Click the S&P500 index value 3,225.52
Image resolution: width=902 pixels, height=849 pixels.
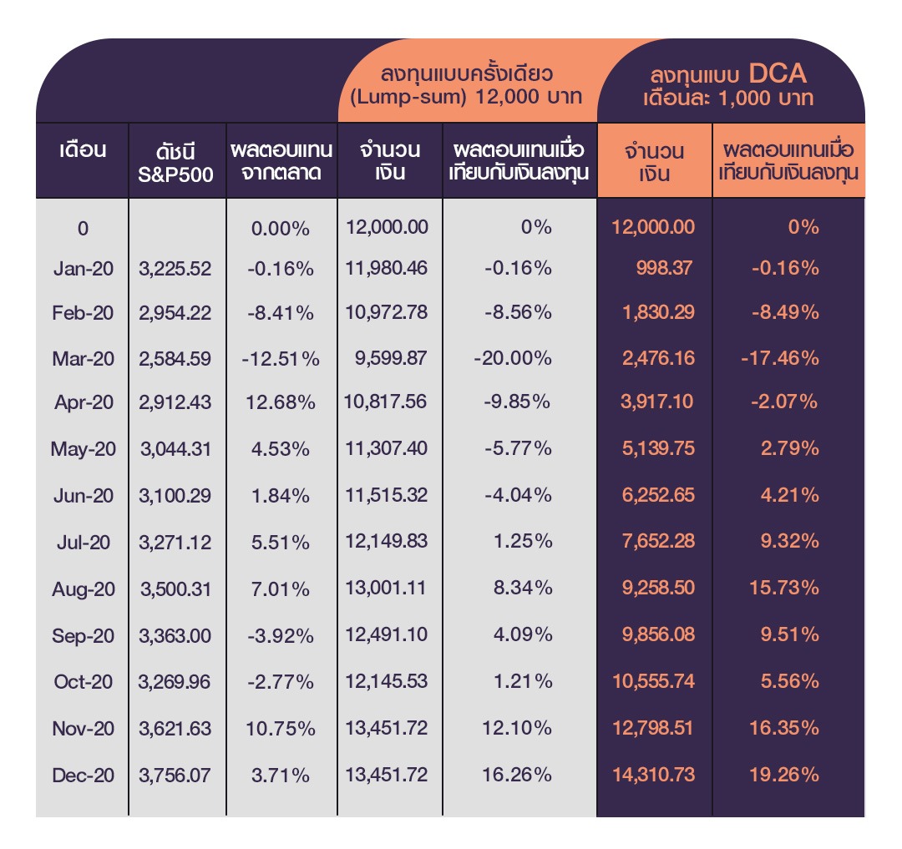(x=175, y=270)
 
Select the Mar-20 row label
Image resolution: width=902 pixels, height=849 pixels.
(x=84, y=358)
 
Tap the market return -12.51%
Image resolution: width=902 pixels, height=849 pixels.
(x=281, y=359)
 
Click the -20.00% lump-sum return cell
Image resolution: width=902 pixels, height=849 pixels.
(x=512, y=358)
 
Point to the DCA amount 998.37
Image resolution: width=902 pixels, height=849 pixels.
(x=666, y=269)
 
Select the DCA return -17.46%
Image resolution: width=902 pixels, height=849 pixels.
(x=779, y=358)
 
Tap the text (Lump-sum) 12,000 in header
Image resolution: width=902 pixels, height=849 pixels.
(x=438, y=96)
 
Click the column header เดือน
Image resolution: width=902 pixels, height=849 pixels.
(x=83, y=151)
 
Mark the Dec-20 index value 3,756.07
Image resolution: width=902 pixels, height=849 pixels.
(x=175, y=775)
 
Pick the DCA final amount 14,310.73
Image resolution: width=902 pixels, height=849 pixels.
(x=653, y=775)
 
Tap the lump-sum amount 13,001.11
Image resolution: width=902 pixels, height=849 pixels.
(x=385, y=589)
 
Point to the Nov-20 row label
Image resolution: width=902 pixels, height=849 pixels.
(x=83, y=729)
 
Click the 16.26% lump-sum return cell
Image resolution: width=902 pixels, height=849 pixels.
(x=516, y=775)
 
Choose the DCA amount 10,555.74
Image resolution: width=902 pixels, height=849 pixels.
(x=653, y=681)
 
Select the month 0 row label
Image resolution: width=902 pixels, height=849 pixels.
(x=83, y=228)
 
